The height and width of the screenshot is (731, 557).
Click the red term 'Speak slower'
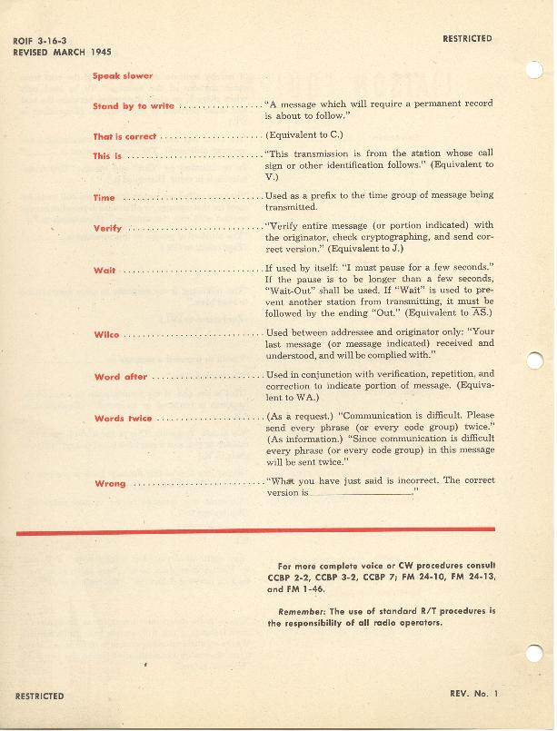tap(123, 76)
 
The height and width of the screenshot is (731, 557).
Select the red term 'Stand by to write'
tap(134, 106)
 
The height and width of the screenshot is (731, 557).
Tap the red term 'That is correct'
tap(124, 136)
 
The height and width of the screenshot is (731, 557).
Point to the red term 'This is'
tap(107, 156)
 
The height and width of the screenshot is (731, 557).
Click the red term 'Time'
tap(104, 197)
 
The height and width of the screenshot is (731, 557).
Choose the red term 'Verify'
tap(107, 227)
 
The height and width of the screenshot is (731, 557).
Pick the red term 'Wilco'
tap(106, 335)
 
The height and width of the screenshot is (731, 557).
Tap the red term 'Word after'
tap(121, 377)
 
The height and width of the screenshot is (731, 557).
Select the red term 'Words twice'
tap(124, 419)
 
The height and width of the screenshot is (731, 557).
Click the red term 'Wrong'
tap(110, 483)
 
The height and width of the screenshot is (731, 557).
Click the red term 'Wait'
tap(104, 271)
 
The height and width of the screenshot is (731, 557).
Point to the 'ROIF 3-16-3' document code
tap(42, 42)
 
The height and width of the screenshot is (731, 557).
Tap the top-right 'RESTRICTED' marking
tap(467, 39)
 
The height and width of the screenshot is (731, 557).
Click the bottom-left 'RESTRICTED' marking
tap(40, 696)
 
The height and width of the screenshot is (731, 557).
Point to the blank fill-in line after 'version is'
tap(361, 493)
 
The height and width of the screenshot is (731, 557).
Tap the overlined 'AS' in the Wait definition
tap(483, 311)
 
